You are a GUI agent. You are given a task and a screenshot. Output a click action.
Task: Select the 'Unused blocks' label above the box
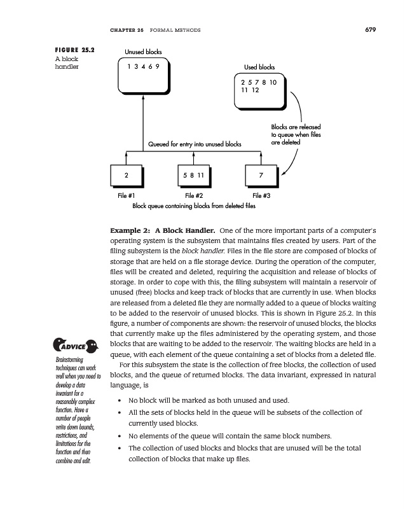143,52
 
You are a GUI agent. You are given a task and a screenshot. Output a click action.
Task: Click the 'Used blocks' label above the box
259,67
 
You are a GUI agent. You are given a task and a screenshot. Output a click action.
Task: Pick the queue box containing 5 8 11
193,174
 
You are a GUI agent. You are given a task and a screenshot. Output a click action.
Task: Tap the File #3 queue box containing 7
261,174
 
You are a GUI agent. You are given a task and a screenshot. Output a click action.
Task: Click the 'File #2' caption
193,196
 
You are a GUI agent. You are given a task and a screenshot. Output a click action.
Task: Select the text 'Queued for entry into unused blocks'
195,144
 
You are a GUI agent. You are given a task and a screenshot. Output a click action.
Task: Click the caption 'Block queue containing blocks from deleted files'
194,206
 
